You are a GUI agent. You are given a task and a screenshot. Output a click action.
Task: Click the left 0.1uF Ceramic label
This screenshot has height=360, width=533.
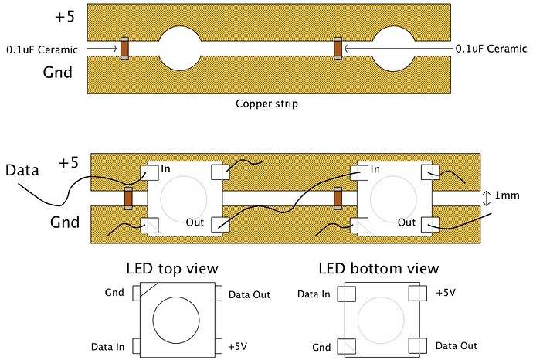[42, 49]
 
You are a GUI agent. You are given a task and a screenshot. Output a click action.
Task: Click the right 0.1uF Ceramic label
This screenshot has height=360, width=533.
[491, 49]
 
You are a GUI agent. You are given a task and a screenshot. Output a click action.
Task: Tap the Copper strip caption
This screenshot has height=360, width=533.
[266, 102]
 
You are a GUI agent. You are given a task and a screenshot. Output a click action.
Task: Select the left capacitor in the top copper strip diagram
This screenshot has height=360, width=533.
[124, 48]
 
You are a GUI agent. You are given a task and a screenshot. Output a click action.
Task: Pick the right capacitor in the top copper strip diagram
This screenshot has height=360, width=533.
[338, 48]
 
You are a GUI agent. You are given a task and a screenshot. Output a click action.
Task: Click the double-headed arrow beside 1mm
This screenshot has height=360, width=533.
[486, 198]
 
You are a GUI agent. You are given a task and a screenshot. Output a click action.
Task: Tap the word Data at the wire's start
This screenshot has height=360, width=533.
[22, 170]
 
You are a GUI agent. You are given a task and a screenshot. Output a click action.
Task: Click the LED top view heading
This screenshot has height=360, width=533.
[171, 269]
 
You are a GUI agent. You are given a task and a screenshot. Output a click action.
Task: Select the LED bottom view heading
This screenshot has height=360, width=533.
[379, 269]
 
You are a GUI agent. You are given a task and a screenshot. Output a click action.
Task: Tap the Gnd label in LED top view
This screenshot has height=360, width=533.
[114, 294]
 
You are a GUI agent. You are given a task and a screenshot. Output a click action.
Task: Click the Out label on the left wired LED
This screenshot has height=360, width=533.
[196, 222]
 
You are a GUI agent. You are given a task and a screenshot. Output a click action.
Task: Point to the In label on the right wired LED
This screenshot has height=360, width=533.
[375, 169]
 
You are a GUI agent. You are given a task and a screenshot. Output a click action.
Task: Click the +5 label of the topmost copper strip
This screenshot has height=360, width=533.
[67, 15]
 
